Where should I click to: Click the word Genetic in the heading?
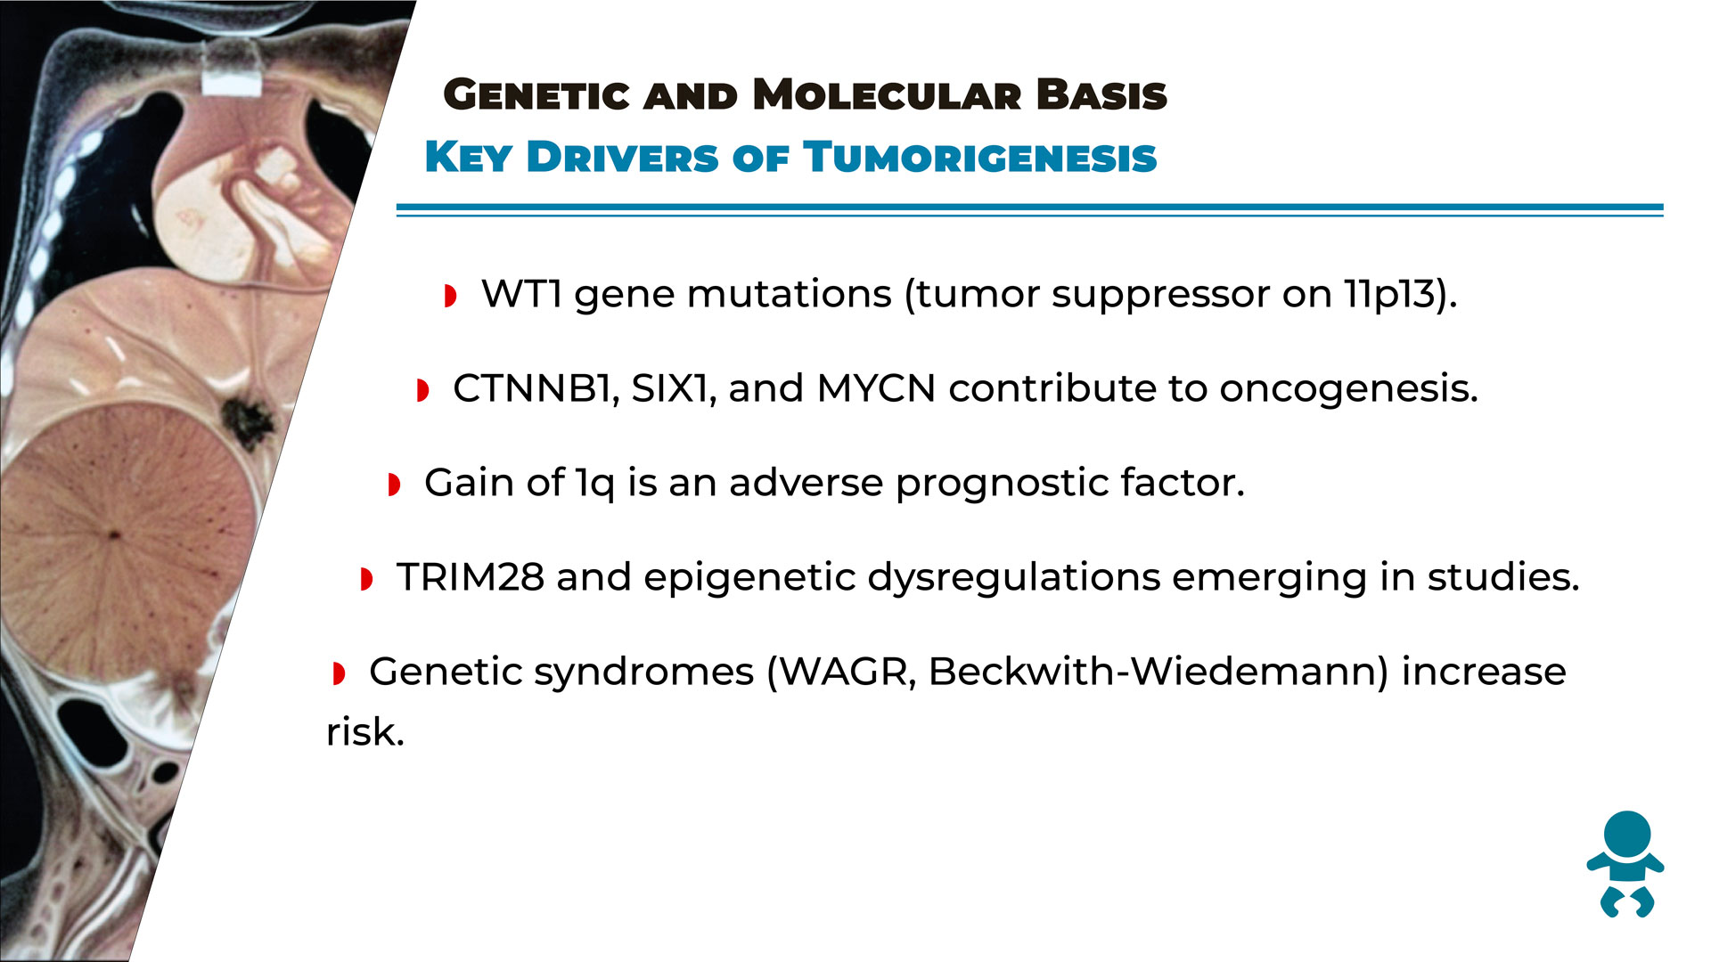tap(536, 95)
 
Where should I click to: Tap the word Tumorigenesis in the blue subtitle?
tap(979, 158)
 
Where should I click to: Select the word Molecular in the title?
tap(887, 95)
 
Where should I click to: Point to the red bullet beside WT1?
tap(450, 296)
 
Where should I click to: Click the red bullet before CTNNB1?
tap(422, 390)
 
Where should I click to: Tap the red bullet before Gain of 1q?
tap(394, 485)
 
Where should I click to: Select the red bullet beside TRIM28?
tap(365, 579)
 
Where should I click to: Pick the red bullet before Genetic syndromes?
tap(338, 673)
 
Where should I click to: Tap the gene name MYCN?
tap(876, 389)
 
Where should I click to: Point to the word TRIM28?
tap(471, 577)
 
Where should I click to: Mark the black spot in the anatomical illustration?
tap(246, 422)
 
